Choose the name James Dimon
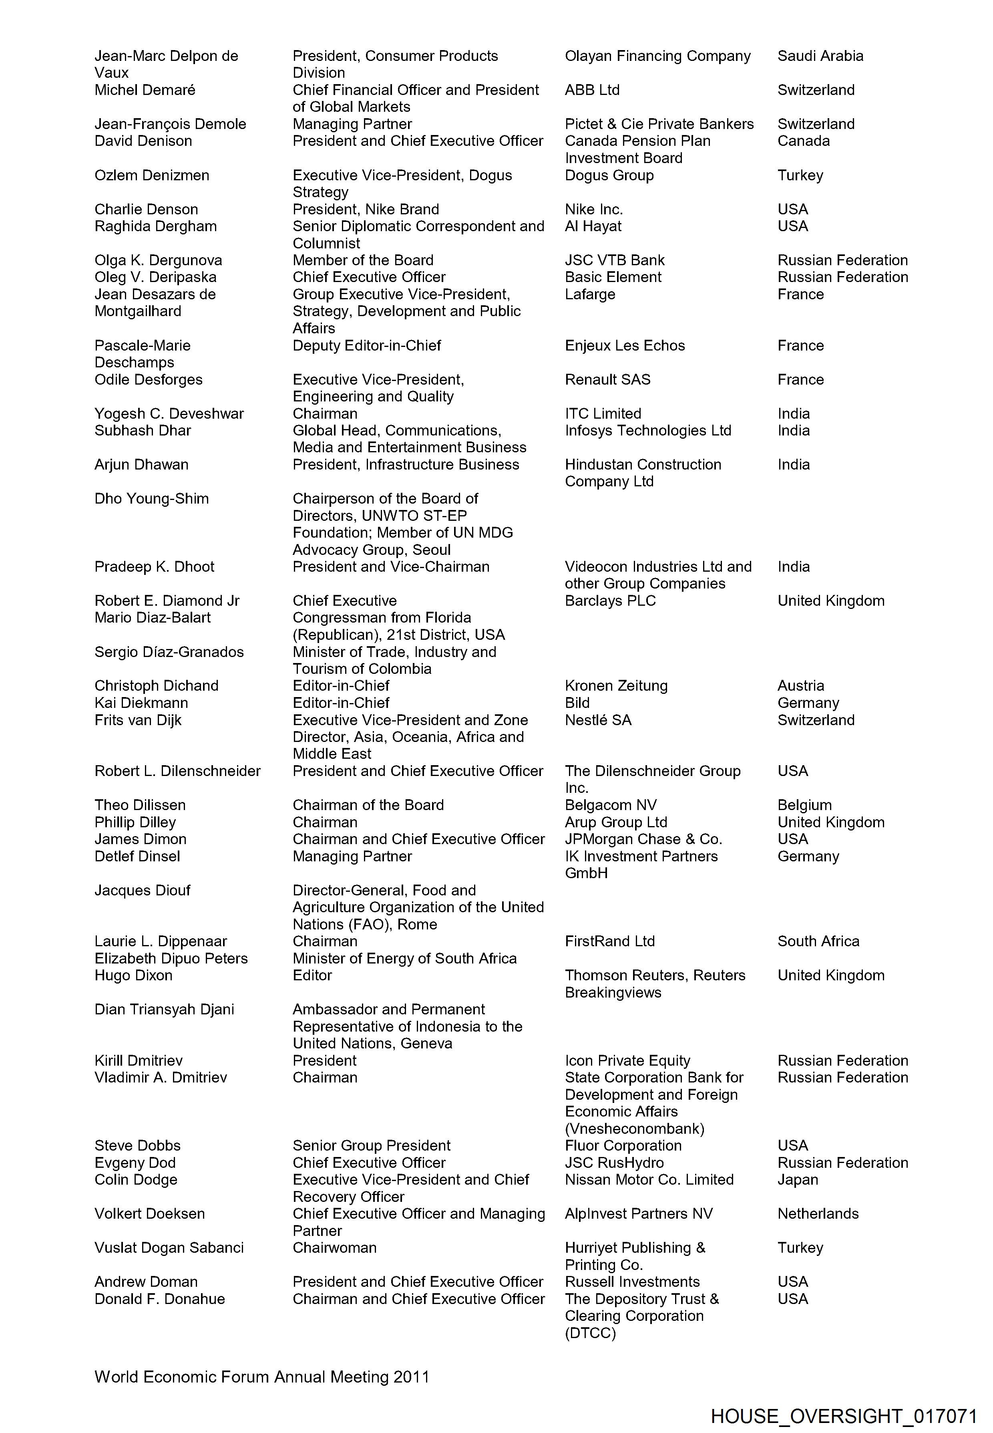(x=140, y=839)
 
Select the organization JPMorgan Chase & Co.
(x=643, y=839)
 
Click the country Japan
(x=798, y=1180)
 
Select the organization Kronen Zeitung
(x=616, y=685)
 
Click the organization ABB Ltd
(x=592, y=90)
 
